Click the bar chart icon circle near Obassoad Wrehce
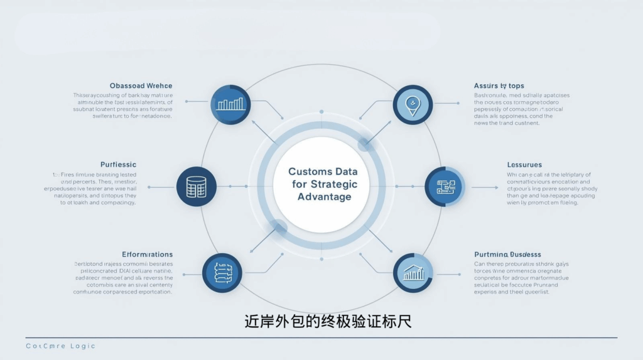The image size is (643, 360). pos(230,104)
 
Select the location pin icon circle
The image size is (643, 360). pos(413,104)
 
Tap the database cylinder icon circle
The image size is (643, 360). pos(197,187)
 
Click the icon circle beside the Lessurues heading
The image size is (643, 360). pos(445,187)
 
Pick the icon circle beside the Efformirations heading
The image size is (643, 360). pos(222,273)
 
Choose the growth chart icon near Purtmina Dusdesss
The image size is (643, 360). pos(413,273)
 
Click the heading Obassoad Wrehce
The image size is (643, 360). pos(141,85)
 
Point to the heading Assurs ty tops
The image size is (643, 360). pos(499,85)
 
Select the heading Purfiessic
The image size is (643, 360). pos(118,165)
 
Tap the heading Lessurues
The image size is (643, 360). pos(524,165)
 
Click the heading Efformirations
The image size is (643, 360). pos(148,254)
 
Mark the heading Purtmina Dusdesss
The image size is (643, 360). pos(508,254)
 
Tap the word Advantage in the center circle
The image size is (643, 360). pos(324,197)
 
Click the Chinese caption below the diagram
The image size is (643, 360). pos(328,322)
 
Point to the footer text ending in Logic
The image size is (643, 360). pos(60,346)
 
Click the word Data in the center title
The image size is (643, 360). pos(346,172)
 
